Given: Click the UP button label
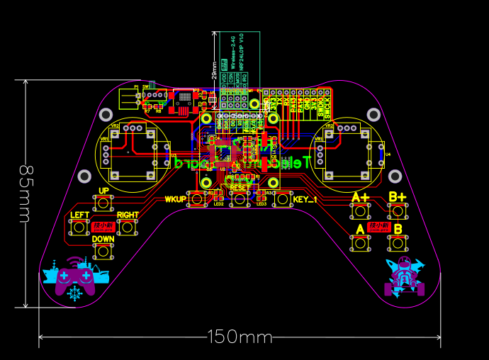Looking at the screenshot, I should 103,191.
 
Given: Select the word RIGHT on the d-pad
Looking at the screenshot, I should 128,215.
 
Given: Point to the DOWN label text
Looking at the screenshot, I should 103,239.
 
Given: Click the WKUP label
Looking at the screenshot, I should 174,199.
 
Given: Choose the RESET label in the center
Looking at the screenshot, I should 240,187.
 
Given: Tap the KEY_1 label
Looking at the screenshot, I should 305,199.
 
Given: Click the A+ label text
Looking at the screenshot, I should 361,197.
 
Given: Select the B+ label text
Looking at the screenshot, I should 397,196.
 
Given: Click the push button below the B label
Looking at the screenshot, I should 397,243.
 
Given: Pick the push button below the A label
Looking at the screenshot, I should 361,243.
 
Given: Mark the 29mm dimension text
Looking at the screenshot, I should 214,69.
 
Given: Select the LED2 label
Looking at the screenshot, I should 218,204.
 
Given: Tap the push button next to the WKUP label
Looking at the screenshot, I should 196,199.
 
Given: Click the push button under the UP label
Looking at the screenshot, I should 103,203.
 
